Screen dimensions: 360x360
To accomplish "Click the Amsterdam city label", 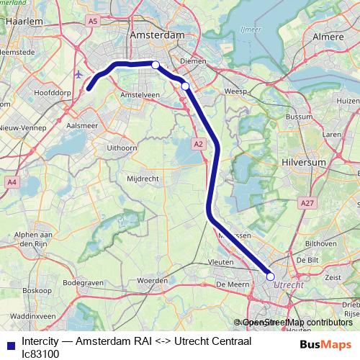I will pos(157,35).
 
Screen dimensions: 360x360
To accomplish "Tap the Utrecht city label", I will pos(289,284).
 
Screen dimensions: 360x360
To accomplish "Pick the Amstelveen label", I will pos(139,94).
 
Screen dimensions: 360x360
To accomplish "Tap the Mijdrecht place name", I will pos(143,177).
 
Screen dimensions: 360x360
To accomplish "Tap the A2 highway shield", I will pos(199,145).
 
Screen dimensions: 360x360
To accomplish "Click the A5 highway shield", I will pos(92,22).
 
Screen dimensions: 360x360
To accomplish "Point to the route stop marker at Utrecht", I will pos(271,276).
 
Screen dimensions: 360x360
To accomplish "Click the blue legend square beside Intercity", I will pos(10,346).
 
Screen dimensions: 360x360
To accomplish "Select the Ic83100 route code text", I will pos(40,354).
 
